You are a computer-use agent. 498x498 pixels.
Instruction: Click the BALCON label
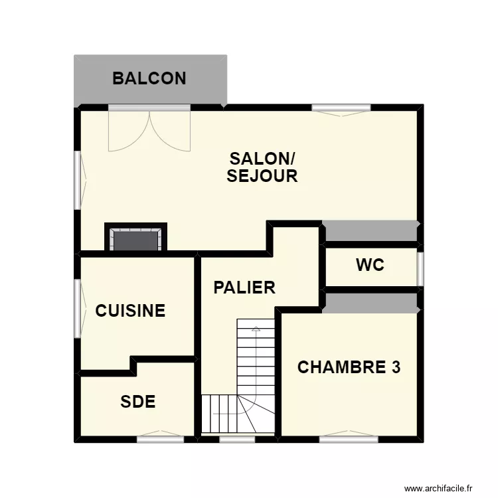pos(149,78)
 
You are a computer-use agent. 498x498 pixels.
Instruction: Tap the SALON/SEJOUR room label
pos(262,167)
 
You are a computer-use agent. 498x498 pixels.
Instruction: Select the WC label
pos(370,266)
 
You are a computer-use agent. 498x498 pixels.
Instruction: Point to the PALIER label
pos(244,288)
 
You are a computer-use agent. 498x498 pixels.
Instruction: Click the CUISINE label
pos(130,311)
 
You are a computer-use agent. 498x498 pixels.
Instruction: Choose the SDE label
pos(138,402)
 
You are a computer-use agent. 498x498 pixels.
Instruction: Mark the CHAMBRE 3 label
pos(349,368)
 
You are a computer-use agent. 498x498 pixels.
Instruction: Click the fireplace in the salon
pos(136,239)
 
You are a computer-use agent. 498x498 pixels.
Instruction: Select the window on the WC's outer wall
pos(420,268)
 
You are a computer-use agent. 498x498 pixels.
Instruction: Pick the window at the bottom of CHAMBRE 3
pos(349,438)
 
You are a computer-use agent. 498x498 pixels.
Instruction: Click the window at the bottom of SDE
pos(160,438)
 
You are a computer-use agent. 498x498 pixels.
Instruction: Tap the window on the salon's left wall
pos(78,177)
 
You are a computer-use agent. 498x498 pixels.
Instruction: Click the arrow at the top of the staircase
pos(256,327)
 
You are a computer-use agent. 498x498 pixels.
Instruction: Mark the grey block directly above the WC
pos(371,232)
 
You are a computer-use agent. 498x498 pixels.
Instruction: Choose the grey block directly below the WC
pos(371,301)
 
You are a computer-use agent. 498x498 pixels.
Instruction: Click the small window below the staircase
pos(237,438)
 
